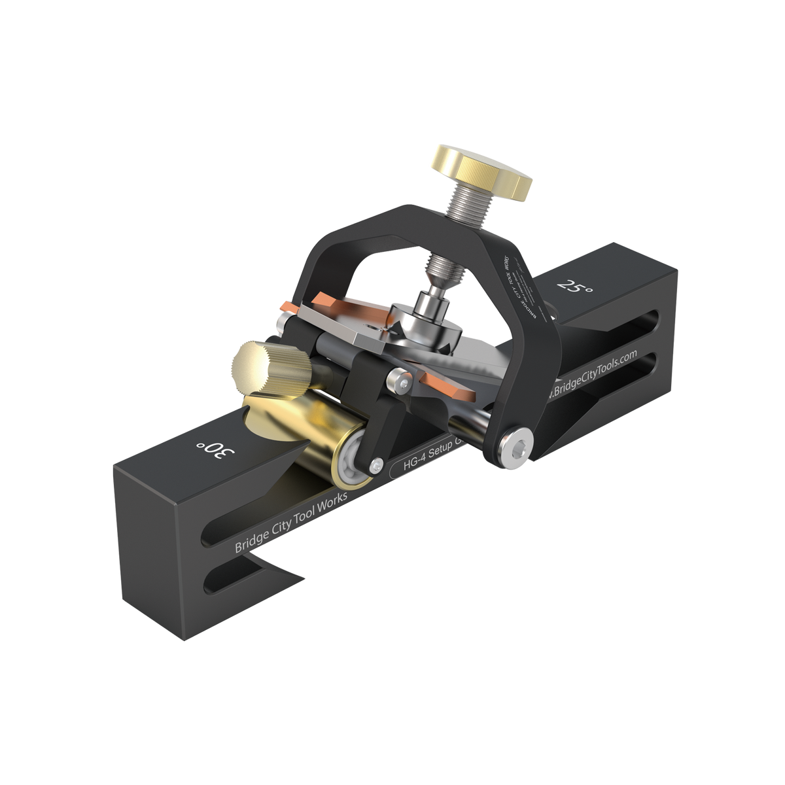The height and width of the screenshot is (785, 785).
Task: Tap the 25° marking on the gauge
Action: pos(570,287)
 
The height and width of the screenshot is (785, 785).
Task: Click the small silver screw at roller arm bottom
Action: pos(375,464)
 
